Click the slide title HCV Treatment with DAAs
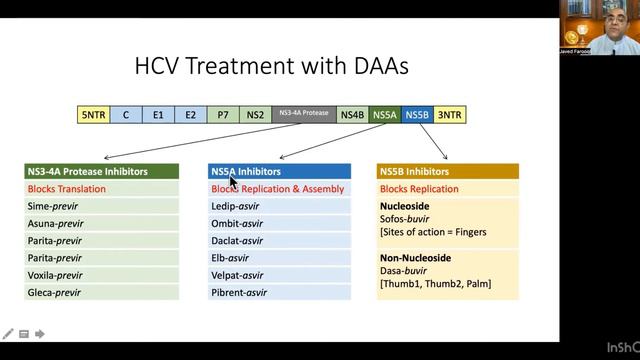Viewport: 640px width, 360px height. [272, 68]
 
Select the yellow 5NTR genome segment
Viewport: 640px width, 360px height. [93, 115]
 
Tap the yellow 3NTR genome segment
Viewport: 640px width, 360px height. [450, 115]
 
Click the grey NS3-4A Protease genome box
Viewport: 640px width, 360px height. [303, 114]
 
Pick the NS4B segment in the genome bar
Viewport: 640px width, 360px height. [352, 115]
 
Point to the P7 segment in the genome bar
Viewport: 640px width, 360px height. [222, 115]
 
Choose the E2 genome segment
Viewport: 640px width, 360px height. [190, 115]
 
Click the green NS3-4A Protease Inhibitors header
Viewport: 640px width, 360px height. [101, 172]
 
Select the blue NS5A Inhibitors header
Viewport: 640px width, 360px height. [279, 172]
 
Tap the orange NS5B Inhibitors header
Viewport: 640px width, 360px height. [447, 172]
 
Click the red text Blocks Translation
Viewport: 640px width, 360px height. [68, 189]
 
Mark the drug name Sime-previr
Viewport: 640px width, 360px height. [54, 206]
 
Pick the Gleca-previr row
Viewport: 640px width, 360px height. [55, 292]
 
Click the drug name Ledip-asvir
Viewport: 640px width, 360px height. [236, 206]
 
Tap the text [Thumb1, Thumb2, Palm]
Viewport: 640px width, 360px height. [434, 284]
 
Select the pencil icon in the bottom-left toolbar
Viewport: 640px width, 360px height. [8, 334]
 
